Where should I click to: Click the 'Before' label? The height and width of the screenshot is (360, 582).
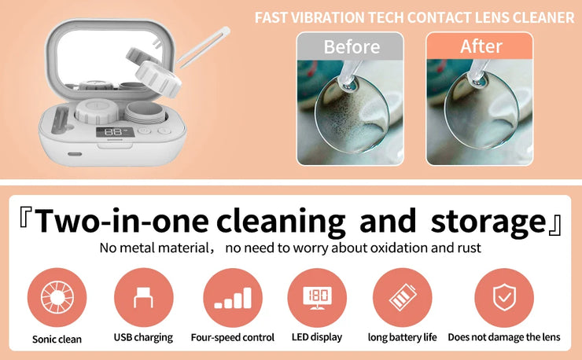pyautogui.click(x=350, y=47)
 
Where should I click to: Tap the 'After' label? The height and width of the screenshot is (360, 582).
pyautogui.click(x=481, y=47)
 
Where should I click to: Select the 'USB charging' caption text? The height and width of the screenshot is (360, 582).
pyautogui.click(x=143, y=337)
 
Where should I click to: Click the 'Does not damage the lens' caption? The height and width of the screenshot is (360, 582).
pyautogui.click(x=503, y=337)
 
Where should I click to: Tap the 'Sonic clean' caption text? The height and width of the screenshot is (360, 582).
pyautogui.click(x=57, y=339)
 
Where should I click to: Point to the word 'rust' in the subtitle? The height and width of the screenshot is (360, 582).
pyautogui.click(x=468, y=248)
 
